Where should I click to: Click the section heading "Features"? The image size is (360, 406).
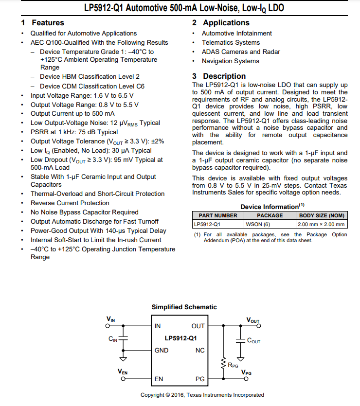point(48,23)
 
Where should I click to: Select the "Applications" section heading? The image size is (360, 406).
point(226,23)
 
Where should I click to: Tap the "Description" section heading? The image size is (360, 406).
point(224,76)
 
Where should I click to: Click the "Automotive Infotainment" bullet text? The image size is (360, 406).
point(237,34)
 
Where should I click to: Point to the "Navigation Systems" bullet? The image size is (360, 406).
point(231,61)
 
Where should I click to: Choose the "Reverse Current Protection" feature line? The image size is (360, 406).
point(70,203)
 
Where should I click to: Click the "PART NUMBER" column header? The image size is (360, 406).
point(218,215)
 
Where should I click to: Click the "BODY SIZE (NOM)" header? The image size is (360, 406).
point(322,215)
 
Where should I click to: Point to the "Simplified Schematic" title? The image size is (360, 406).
point(184,307)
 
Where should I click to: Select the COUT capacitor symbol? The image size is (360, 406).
point(240,341)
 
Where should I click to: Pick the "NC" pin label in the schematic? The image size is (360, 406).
point(200,351)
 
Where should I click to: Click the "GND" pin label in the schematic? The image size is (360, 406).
point(162,351)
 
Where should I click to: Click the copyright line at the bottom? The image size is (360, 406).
point(202,395)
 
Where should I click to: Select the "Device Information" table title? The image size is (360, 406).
point(269,207)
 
